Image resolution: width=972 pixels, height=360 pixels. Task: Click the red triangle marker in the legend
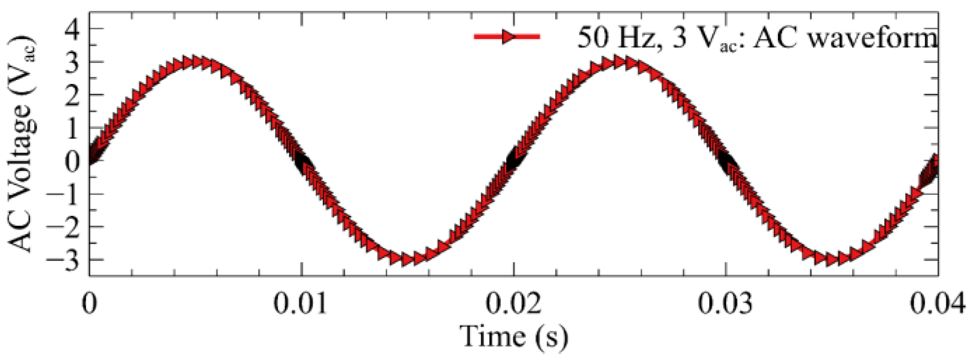click(x=507, y=37)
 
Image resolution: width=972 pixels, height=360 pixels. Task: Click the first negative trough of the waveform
click(x=407, y=259)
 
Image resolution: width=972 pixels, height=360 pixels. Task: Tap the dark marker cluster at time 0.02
click(x=513, y=161)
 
